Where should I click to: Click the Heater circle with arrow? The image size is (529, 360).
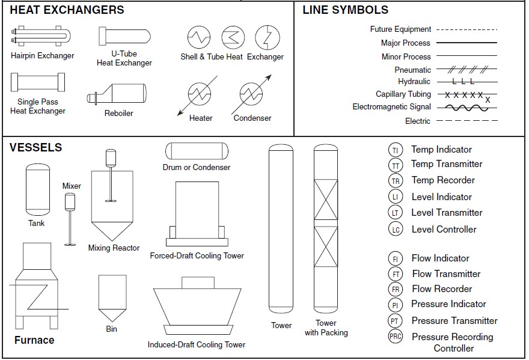click(x=199, y=94)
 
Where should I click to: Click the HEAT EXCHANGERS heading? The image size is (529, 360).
click(x=67, y=10)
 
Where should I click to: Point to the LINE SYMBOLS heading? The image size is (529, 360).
click(x=345, y=10)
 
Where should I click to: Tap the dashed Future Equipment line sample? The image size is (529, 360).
click(x=467, y=29)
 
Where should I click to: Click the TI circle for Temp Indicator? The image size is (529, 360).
click(x=395, y=150)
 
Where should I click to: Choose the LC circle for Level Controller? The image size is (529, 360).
click(x=395, y=229)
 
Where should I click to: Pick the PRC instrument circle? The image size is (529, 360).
click(x=395, y=337)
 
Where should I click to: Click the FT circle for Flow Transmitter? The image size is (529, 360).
click(x=395, y=274)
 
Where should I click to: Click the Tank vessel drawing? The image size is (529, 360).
click(x=37, y=190)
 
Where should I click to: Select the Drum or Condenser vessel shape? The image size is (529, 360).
click(x=196, y=151)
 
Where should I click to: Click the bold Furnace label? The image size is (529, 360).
click(x=34, y=340)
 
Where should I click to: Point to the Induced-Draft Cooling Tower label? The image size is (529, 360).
click(x=197, y=345)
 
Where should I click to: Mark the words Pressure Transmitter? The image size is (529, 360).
click(x=454, y=321)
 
